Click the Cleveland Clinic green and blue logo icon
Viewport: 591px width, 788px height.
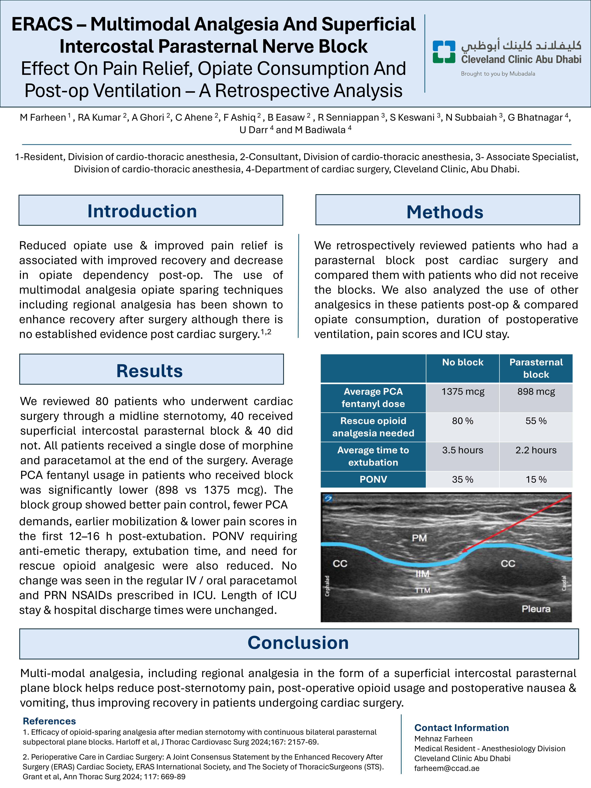click(444, 52)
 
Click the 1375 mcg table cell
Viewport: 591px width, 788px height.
click(463, 392)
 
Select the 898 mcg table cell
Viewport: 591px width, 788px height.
click(536, 392)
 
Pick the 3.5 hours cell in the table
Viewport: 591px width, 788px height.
click(463, 450)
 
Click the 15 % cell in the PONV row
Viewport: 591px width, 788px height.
click(536, 480)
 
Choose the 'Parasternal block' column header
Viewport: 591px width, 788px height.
click(536, 368)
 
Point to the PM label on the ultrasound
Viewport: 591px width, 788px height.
click(419, 538)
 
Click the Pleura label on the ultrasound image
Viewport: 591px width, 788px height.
click(536, 609)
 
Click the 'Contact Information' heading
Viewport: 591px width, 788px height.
click(461, 728)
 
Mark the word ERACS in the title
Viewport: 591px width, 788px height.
click(42, 24)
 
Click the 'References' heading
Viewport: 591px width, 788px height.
click(49, 721)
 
